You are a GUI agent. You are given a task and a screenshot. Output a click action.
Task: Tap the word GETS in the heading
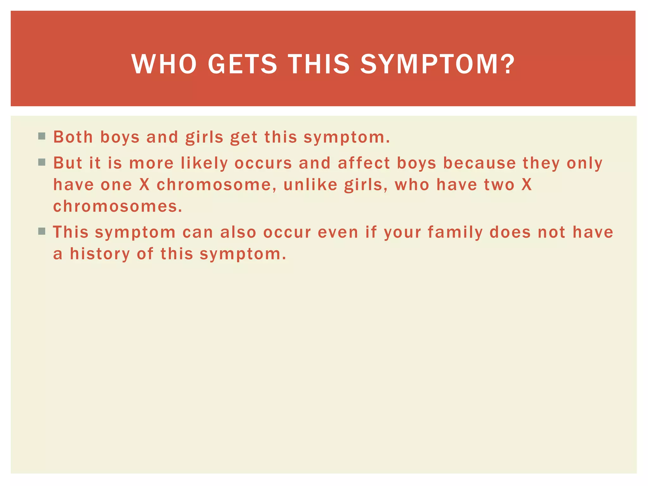tap(242, 64)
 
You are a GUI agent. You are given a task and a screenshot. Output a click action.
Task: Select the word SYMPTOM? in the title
tap(438, 64)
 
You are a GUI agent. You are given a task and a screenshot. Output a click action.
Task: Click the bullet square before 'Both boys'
tap(41, 136)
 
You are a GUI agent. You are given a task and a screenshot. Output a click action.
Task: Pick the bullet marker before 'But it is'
tap(41, 162)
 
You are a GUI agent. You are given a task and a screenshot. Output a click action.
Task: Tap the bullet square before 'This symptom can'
tap(41, 231)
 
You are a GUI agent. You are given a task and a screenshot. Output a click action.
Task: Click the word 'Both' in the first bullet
tap(73, 137)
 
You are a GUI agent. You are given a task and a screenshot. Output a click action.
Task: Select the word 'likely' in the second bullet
tap(204, 164)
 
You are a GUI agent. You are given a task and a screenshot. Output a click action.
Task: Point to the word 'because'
tap(479, 163)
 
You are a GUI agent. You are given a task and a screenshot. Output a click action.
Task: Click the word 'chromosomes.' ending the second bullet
tap(118, 206)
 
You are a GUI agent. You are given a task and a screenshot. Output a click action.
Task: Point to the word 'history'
tap(100, 254)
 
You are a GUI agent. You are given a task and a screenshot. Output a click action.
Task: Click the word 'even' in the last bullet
tap(338, 232)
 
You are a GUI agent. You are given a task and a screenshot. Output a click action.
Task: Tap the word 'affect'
tap(364, 163)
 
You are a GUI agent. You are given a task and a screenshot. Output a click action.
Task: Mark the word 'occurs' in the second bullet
tap(263, 163)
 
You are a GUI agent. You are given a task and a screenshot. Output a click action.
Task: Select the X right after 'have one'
tap(144, 185)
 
